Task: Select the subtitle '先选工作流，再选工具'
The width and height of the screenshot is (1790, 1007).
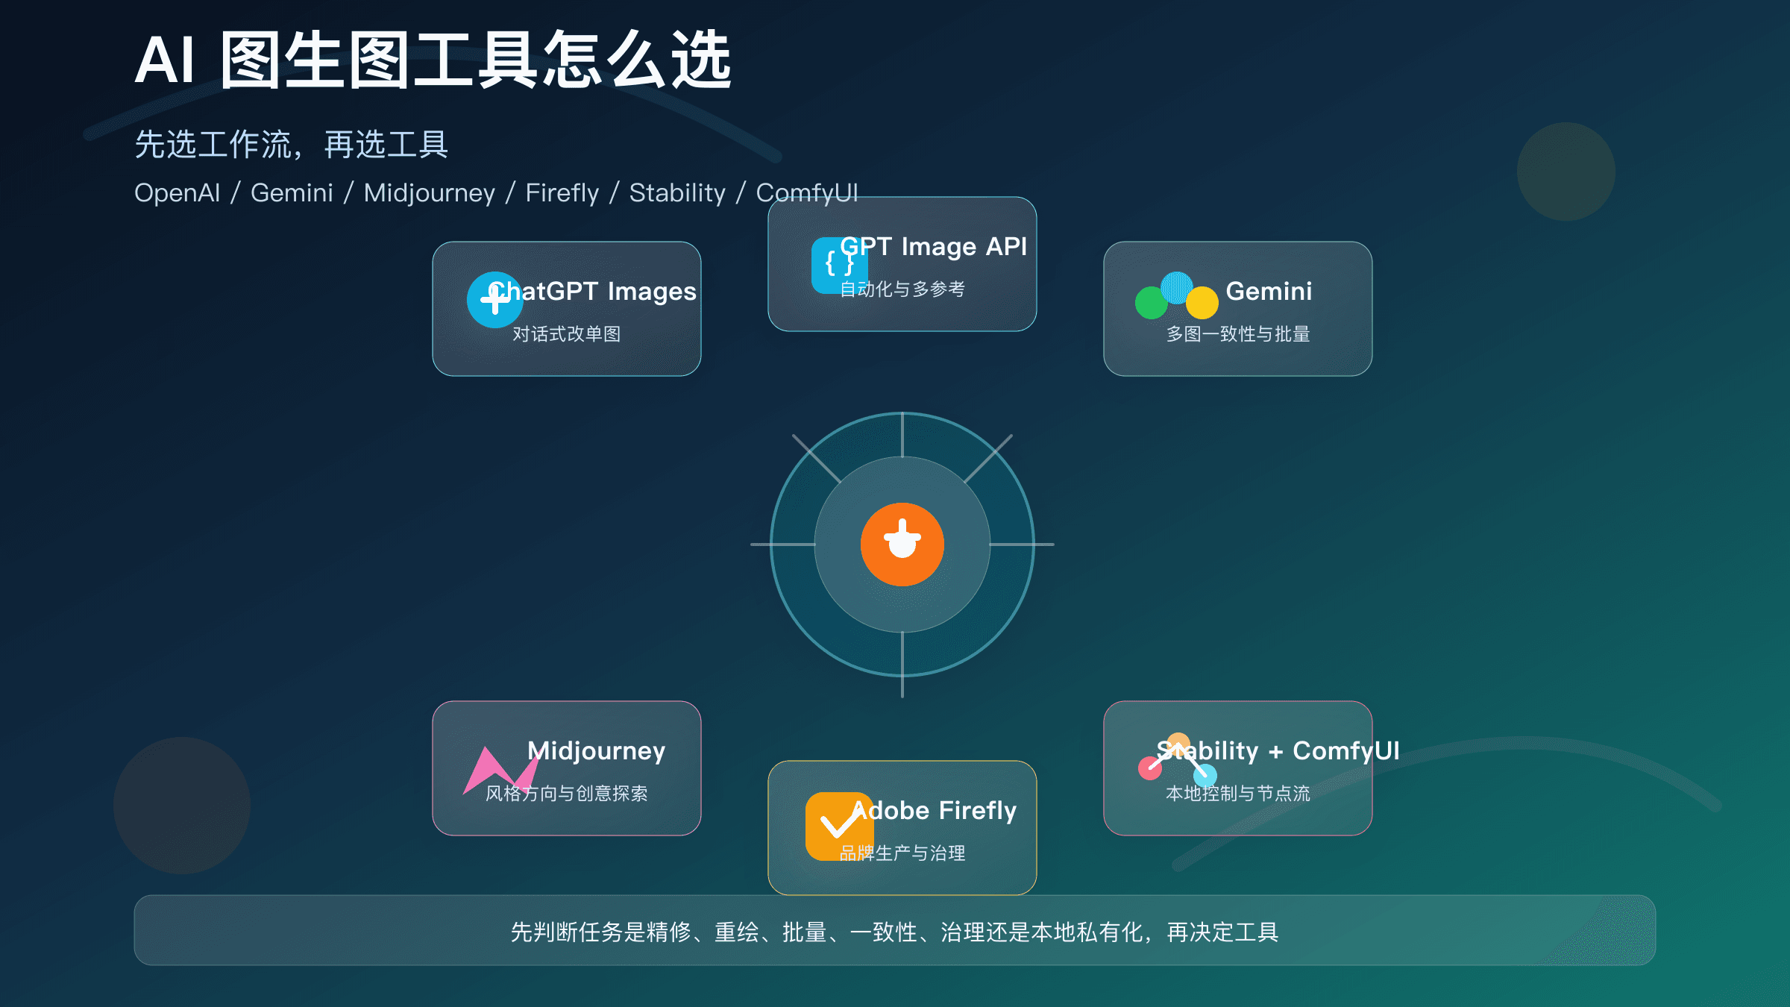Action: tap(291, 145)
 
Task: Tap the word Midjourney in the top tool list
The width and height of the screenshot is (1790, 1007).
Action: tap(429, 193)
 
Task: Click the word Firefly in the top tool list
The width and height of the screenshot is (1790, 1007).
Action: tap(562, 193)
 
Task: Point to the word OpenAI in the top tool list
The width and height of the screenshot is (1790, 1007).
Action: tap(177, 193)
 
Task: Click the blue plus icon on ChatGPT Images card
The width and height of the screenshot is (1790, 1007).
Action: tap(494, 300)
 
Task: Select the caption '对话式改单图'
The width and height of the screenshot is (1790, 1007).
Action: tap(566, 334)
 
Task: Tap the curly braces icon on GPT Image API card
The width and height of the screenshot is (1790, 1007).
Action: tap(838, 265)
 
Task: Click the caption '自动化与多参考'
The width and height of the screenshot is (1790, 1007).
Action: tap(902, 289)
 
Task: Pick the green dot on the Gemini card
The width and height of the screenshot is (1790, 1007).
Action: tap(1151, 303)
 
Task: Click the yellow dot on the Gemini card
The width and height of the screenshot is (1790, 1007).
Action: tap(1202, 303)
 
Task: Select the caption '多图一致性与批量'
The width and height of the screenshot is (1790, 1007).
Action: tap(1237, 334)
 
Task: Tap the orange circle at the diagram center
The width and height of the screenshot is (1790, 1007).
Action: tap(902, 545)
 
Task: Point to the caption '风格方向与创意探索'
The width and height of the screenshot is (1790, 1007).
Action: tap(566, 794)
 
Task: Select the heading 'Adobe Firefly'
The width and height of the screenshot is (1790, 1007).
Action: tap(934, 811)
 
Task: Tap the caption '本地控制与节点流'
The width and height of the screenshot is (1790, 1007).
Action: tap(1237, 794)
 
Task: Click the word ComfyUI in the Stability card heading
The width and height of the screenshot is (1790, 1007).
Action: tap(1345, 751)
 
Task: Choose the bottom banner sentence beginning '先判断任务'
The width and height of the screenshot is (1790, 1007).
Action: tap(894, 932)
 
